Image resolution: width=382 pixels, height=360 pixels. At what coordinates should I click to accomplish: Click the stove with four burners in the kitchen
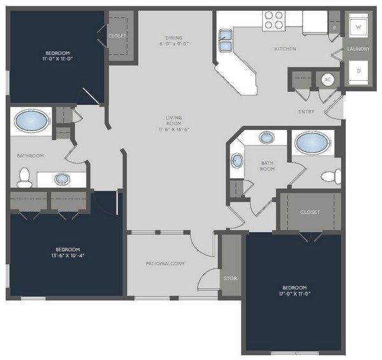(x=274, y=20)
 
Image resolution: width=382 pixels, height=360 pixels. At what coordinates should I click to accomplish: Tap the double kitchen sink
(x=225, y=41)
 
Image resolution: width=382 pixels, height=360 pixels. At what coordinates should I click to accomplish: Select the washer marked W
(x=358, y=25)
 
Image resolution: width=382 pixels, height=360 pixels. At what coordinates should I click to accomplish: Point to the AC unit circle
(x=328, y=80)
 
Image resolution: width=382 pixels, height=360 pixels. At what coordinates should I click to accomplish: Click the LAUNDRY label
(x=358, y=49)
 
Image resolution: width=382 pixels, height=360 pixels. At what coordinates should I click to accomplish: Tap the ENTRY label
(x=306, y=112)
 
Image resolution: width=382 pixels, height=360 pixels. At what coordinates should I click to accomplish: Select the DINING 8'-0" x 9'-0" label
(x=174, y=41)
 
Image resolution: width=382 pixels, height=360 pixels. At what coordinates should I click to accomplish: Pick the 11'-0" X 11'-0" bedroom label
(x=57, y=56)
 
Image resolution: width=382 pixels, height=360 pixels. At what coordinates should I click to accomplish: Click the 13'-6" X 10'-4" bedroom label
(x=67, y=253)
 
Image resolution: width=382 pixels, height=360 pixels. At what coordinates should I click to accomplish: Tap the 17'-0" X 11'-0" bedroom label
(x=295, y=291)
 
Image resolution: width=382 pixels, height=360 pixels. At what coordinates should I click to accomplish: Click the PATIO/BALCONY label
(x=166, y=263)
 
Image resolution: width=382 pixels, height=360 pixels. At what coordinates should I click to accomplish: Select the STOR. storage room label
(x=230, y=279)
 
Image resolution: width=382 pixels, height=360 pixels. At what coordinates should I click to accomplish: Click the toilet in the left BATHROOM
(x=24, y=177)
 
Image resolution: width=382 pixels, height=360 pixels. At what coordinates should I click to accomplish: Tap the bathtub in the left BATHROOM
(x=31, y=121)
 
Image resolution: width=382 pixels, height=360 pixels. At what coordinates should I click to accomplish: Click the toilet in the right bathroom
(x=331, y=176)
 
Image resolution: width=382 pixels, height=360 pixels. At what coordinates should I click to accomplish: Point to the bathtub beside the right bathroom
(x=313, y=143)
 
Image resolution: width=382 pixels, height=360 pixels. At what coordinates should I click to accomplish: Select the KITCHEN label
(x=285, y=49)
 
